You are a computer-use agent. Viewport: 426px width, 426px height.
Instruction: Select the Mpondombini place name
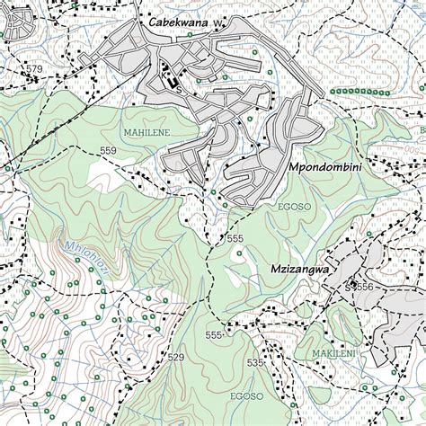click(x=324, y=168)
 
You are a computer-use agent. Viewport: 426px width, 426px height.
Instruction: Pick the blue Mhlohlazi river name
click(x=86, y=258)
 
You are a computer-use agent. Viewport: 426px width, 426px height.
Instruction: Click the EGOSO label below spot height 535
click(x=245, y=395)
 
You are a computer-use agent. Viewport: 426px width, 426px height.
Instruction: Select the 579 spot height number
click(x=34, y=69)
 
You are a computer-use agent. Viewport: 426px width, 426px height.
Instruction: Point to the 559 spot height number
click(x=108, y=150)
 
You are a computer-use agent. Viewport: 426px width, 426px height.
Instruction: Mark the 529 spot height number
click(x=175, y=358)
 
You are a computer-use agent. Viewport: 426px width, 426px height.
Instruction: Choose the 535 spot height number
click(x=255, y=363)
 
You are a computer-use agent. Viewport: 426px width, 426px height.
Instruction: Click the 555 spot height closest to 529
click(x=213, y=335)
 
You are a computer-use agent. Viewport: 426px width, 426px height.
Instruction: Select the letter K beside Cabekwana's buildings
click(x=164, y=67)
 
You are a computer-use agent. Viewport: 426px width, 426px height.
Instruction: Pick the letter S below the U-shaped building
click(x=179, y=90)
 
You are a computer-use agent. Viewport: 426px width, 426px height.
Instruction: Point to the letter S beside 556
click(x=350, y=286)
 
